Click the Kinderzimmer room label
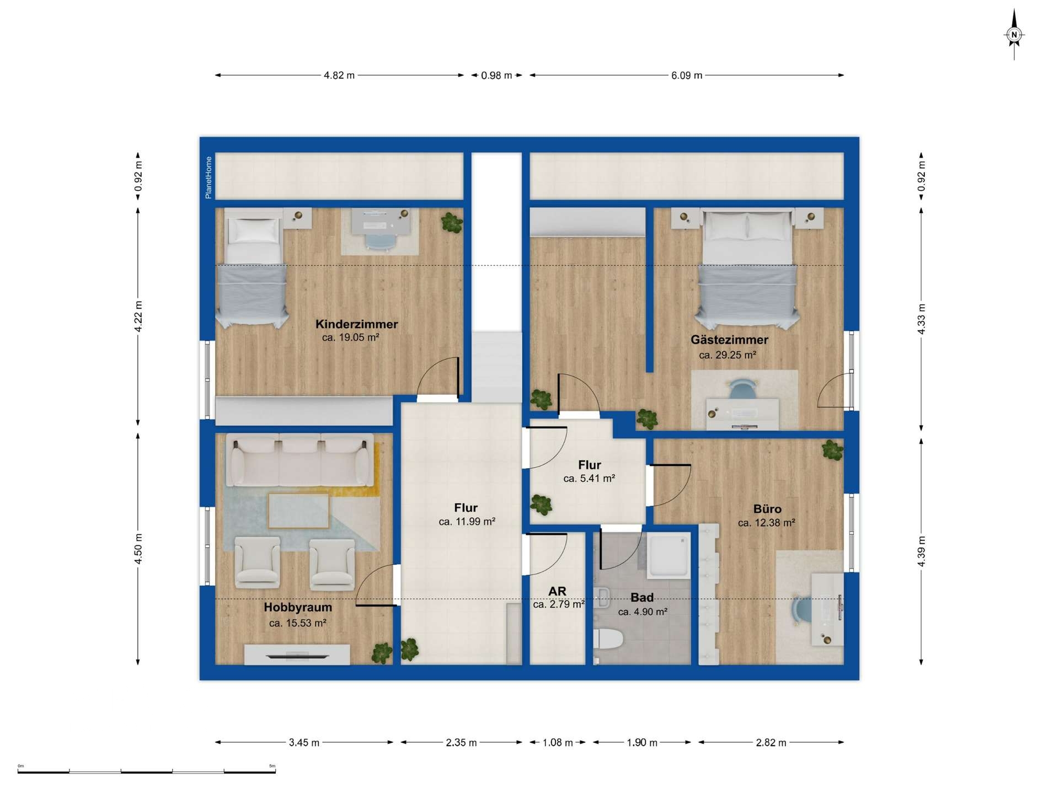[356, 324]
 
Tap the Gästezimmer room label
[729, 340]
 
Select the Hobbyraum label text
[298, 608]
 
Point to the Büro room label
[767, 509]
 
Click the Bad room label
[642, 597]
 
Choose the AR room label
[557, 591]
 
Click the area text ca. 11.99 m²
[467, 522]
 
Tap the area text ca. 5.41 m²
[589, 479]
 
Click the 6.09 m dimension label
[687, 76]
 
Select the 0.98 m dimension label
[496, 76]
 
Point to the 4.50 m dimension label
[138, 549]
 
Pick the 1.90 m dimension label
[642, 743]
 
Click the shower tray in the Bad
[668, 555]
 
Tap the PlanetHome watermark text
[208, 178]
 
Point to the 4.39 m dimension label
[921, 551]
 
